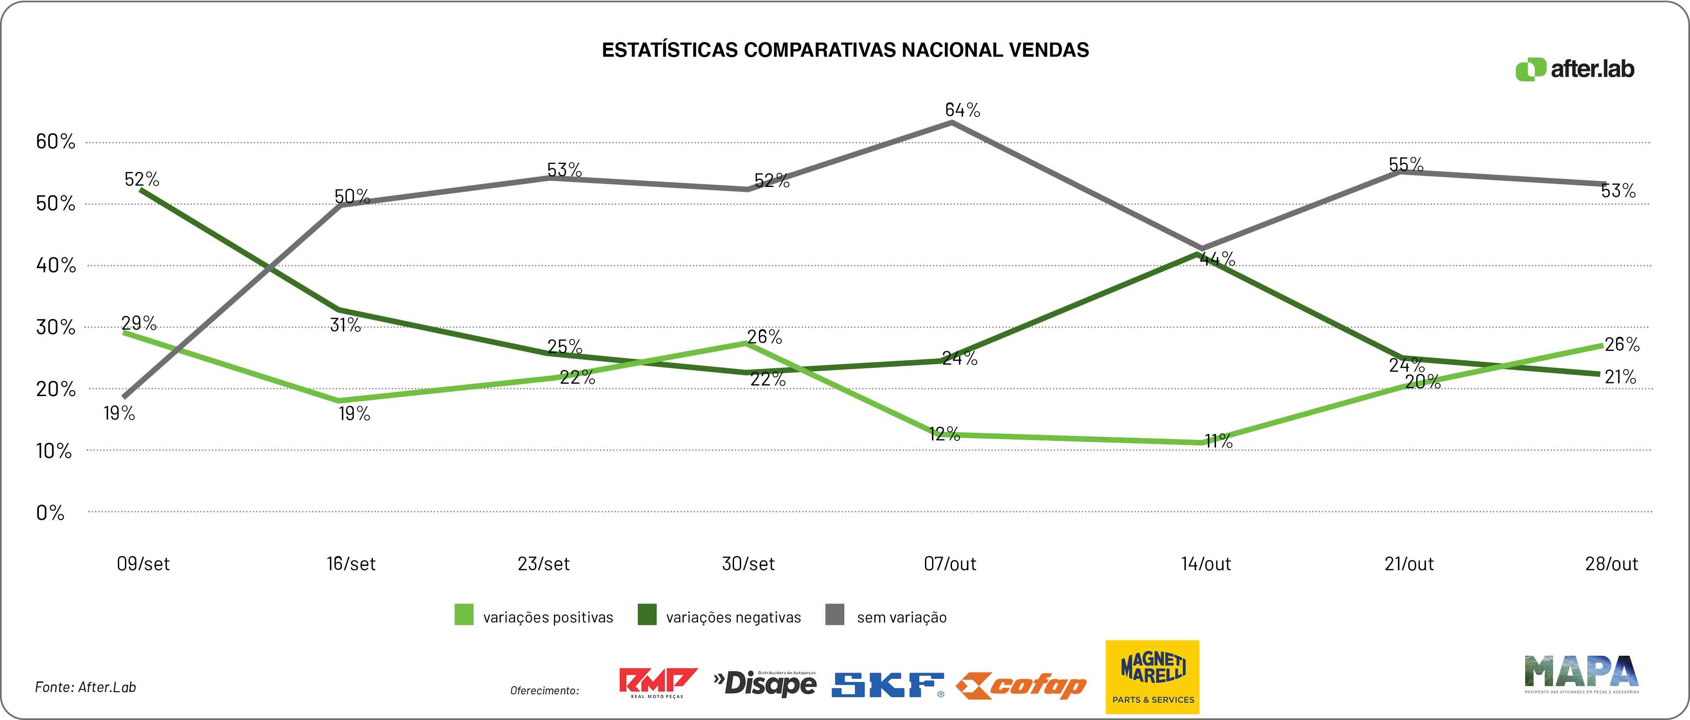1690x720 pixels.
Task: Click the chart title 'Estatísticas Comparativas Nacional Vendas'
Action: point(845,50)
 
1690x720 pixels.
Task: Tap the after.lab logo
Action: point(1574,69)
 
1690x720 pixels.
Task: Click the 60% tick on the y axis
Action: point(56,141)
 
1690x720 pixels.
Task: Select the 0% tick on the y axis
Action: point(51,513)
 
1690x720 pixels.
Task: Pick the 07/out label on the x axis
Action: point(950,564)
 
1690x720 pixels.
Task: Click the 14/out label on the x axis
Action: point(1206,564)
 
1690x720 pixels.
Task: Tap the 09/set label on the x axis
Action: point(143,564)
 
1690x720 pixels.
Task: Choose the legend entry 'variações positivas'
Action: point(534,616)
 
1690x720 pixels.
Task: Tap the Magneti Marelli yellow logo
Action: point(1153,676)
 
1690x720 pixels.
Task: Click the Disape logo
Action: point(765,683)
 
